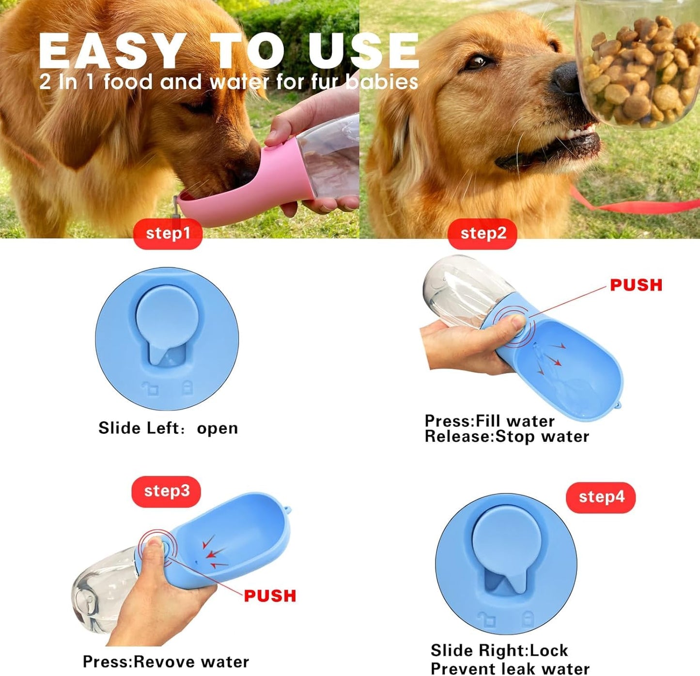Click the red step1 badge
click(168, 233)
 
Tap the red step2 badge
click(482, 233)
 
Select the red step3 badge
click(166, 491)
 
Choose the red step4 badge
click(601, 497)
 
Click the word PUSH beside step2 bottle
click(636, 285)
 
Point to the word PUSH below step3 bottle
click(270, 596)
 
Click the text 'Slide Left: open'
click(168, 428)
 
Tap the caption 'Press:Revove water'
click(166, 661)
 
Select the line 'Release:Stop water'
click(507, 436)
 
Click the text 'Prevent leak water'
click(510, 669)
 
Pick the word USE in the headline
click(363, 51)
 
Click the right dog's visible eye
click(478, 62)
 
